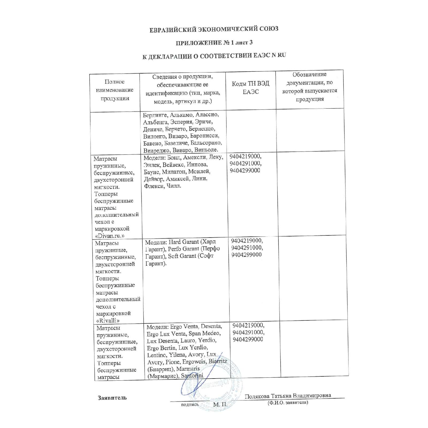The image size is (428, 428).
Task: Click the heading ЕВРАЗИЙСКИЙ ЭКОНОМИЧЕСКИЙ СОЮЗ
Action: point(214,29)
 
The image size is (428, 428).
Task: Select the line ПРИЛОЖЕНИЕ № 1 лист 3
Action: point(214,43)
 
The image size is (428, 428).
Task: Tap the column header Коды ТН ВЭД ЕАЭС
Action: point(251,88)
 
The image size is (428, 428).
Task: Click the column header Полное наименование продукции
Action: point(114,90)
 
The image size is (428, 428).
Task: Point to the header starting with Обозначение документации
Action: point(309,87)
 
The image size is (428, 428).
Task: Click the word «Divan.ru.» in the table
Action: point(110,236)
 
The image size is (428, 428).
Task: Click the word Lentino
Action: point(156,355)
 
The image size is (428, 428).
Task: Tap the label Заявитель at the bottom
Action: point(112,398)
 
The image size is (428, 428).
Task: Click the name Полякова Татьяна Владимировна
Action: point(288,396)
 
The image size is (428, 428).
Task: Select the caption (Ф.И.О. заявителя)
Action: point(288,402)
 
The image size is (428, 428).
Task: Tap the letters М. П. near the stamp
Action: point(220,404)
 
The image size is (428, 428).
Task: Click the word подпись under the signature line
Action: point(190,404)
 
